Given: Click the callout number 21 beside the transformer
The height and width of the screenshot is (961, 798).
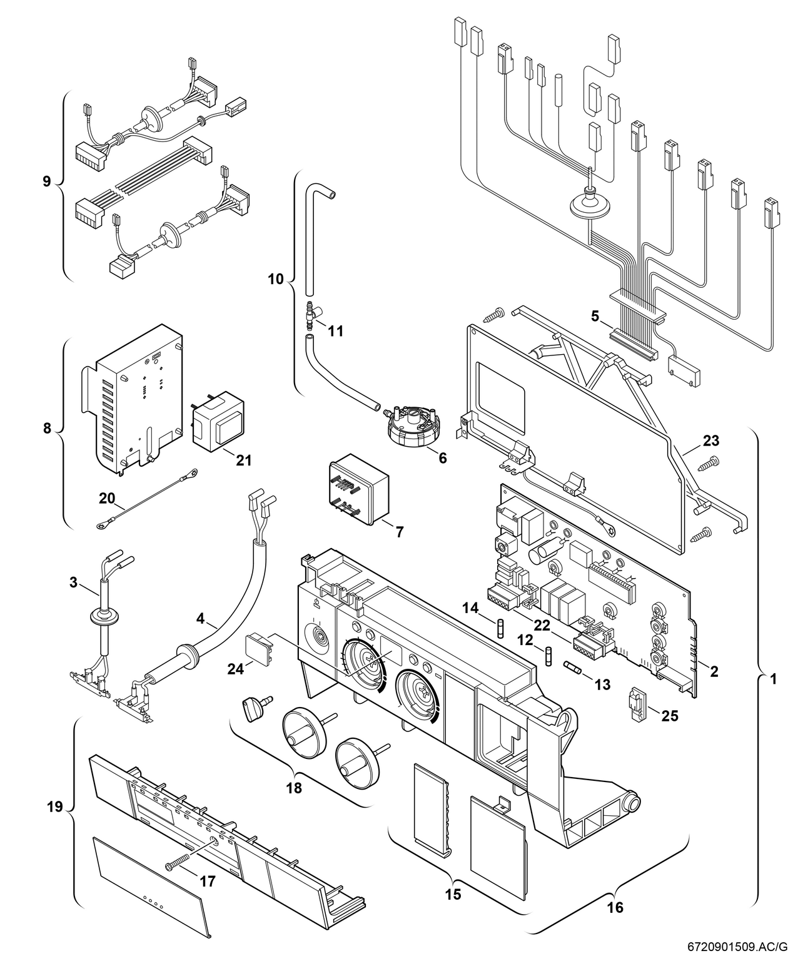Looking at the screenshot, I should pos(243,460).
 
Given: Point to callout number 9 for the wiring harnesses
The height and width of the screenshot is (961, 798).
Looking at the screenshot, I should pos(46,181).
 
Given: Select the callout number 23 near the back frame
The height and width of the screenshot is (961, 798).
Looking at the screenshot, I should pos(710,441).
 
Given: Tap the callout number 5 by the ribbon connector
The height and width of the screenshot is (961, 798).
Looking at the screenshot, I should pos(595,317).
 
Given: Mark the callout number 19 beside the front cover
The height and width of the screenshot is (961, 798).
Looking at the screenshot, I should pos(55,806).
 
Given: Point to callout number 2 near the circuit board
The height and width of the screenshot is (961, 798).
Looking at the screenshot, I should pos(714,672).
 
